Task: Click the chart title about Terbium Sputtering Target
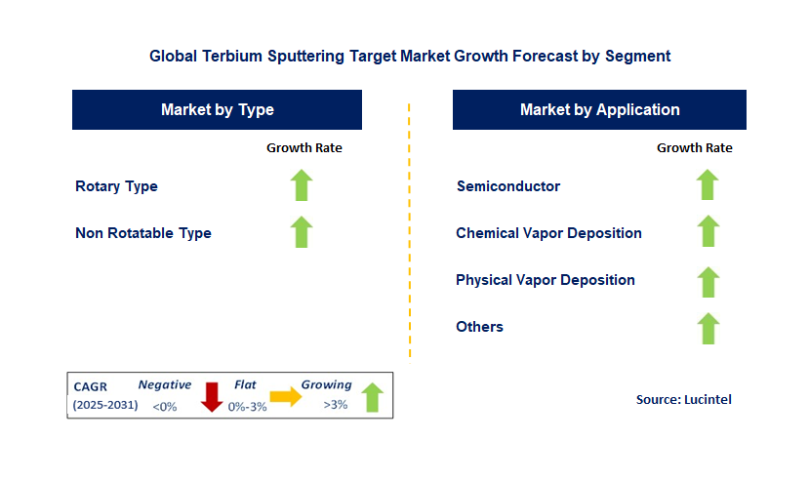410,57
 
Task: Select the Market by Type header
217,110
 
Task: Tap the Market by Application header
599,110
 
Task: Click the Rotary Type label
116,186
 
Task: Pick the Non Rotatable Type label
143,233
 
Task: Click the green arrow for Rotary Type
302,185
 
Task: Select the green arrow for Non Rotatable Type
302,232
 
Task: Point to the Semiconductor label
508,186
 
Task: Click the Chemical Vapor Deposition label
548,233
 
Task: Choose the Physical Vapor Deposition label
546,280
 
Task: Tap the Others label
480,327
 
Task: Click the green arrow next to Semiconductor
708,185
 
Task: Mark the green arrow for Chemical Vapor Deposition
708,232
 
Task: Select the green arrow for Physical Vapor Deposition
708,282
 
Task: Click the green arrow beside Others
708,328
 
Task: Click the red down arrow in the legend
211,397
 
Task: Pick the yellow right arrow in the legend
286,396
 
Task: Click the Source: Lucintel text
683,399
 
